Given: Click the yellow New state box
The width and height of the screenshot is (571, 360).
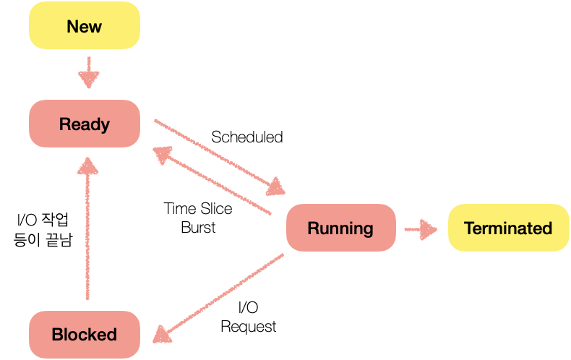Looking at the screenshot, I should coord(84,26).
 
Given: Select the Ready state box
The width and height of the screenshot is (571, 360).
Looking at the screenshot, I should coord(84,124).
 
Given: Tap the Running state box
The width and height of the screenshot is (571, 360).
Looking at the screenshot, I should coord(340,228).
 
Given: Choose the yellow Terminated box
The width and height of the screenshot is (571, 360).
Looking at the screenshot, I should coord(508,228).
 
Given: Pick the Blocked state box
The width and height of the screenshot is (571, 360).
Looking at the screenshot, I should coord(84,335).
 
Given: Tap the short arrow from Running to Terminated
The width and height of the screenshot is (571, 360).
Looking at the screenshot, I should coord(420,231).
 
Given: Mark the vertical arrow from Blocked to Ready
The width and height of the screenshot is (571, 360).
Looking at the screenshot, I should coord(88,231).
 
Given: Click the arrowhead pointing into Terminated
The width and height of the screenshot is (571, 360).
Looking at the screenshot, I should coord(430,231).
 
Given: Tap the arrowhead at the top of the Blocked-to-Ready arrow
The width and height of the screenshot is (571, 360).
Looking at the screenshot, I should coord(88,166).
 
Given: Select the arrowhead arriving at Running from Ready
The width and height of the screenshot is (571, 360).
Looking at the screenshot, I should coord(276,188).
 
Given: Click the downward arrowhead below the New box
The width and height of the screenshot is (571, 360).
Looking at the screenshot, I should coord(89,80).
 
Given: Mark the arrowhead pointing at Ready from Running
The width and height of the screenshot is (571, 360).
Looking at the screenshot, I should coord(161,154).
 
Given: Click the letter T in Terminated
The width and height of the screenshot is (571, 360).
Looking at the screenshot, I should coord(468,228).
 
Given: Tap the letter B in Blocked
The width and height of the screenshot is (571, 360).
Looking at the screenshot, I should coord(56,335).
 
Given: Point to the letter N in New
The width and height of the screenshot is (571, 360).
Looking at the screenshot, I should coord(72,27).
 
